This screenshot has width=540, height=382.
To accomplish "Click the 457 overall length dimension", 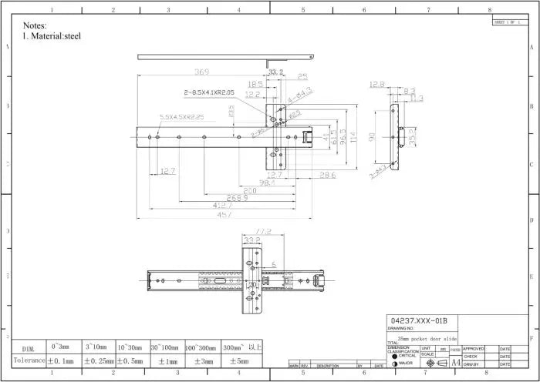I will tap(224, 215).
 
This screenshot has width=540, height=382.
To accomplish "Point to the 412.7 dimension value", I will tap(224, 206).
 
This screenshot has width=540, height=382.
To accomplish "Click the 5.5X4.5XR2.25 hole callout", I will tap(181, 117).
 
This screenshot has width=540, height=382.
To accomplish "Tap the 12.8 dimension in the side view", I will tap(376, 85).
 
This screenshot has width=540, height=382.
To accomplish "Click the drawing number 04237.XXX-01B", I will tap(419, 320).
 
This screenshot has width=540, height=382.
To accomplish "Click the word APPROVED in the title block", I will tap(474, 349).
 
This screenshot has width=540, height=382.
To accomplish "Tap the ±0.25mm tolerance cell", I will tap(100, 360).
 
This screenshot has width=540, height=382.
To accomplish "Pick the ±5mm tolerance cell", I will tap(238, 360).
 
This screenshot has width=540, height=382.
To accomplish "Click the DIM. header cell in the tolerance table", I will tap(29, 348).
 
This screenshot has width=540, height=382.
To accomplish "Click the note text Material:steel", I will tap(56, 36).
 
